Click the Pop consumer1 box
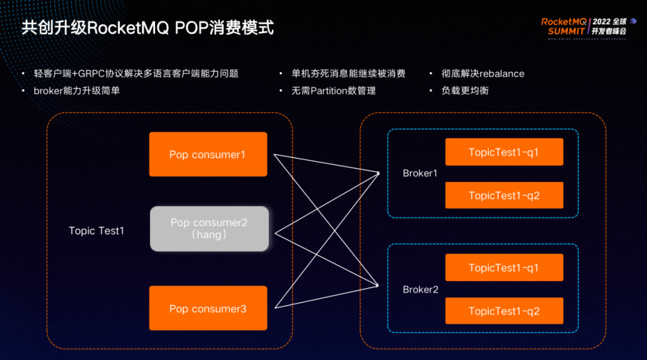click(x=208, y=155)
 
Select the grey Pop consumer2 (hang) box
click(x=209, y=228)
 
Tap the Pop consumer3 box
click(x=208, y=308)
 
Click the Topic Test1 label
click(x=96, y=231)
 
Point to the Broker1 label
click(x=420, y=173)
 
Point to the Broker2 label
click(x=421, y=289)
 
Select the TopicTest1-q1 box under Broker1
click(x=504, y=152)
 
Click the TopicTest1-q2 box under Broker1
click(x=504, y=195)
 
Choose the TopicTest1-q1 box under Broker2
click(x=504, y=268)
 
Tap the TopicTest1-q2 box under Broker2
click(x=504, y=311)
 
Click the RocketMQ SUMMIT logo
click(x=564, y=26)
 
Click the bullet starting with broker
click(x=81, y=91)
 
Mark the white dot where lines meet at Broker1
click(x=379, y=174)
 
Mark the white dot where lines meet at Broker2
click(x=379, y=286)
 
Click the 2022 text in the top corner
click(x=601, y=21)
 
